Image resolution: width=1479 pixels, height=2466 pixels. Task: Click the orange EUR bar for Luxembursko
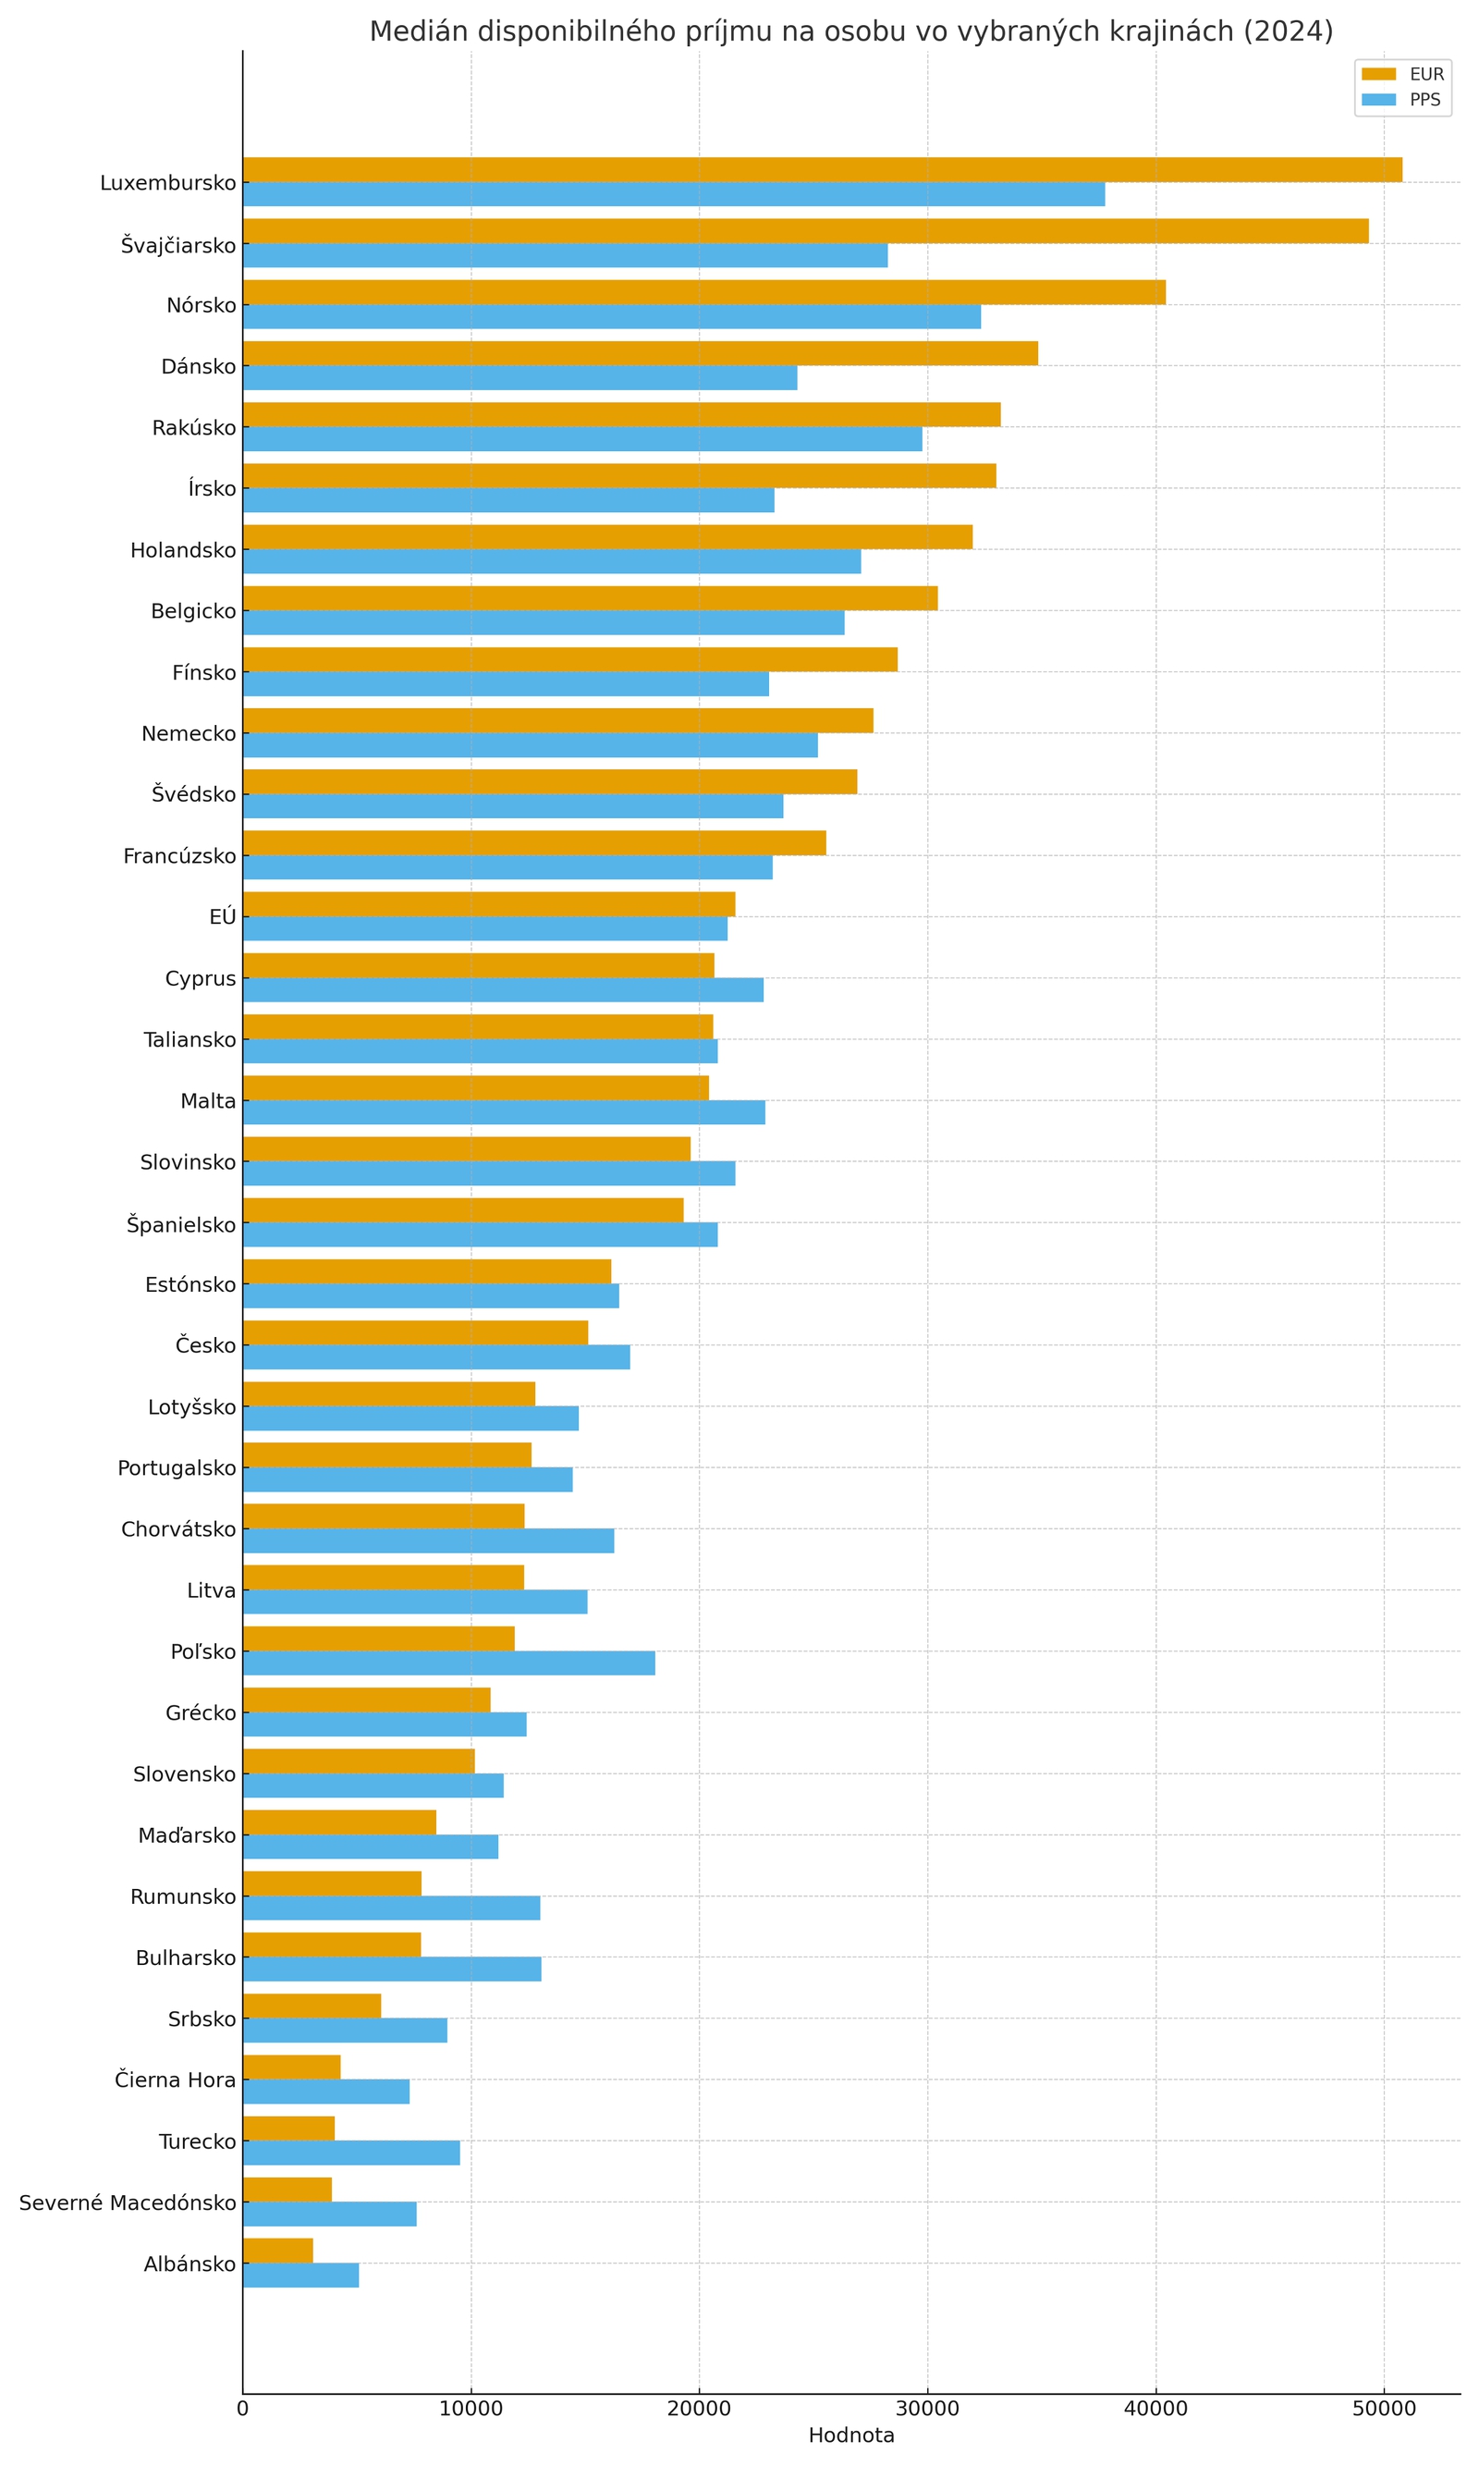(822, 169)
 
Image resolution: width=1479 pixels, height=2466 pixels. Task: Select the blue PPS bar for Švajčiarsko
(565, 255)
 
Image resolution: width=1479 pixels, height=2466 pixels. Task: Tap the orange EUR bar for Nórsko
(703, 292)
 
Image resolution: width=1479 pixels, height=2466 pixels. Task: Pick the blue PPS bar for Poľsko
(448, 1662)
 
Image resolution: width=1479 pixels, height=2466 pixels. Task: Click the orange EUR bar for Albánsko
(277, 2251)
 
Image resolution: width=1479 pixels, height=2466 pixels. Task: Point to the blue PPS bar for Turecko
(351, 2153)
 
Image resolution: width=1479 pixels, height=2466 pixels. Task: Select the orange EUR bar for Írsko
(619, 475)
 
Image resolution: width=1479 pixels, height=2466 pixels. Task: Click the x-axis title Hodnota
(851, 2435)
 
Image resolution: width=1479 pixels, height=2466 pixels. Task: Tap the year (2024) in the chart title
(1288, 31)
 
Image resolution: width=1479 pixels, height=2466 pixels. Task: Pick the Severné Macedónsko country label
(128, 2202)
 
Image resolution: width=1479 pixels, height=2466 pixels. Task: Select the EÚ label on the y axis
(222, 917)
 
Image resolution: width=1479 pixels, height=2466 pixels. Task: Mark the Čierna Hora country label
(176, 2080)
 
